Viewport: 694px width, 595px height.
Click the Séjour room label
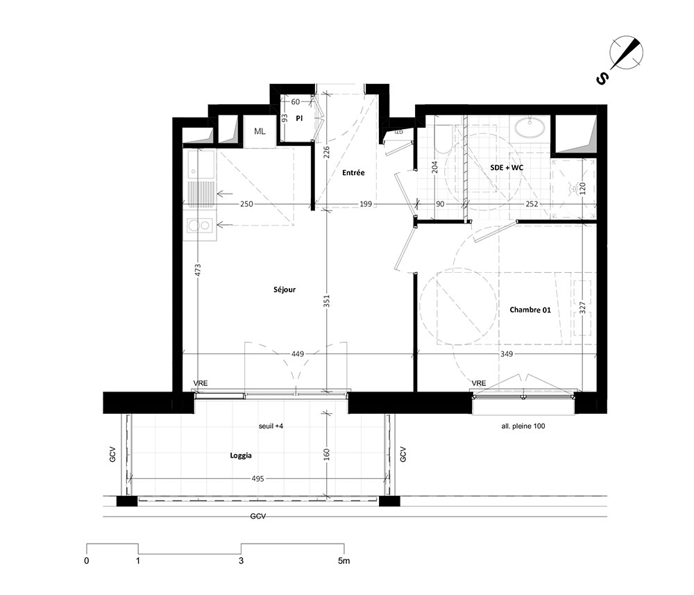(284, 290)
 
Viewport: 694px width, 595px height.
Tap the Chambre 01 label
(530, 310)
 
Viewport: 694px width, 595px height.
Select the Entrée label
(353, 173)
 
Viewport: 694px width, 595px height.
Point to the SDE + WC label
(507, 167)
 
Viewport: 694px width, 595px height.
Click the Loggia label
(241, 455)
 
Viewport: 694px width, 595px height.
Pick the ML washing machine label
(260, 131)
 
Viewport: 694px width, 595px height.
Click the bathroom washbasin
(530, 128)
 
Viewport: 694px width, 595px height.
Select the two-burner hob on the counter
(201, 226)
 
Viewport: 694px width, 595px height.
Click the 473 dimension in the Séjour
(198, 270)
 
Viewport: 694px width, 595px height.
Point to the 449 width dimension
(298, 353)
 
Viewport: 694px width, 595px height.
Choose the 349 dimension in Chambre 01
(507, 353)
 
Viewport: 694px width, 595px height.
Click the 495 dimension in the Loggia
(257, 478)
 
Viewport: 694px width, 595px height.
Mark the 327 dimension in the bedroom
(582, 308)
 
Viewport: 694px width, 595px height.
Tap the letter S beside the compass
(602, 79)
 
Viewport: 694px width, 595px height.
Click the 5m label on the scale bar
(344, 560)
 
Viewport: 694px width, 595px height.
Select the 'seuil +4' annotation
(271, 426)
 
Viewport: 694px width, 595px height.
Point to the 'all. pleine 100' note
(523, 426)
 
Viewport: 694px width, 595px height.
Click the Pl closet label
(299, 119)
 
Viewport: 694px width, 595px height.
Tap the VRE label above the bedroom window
(478, 383)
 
